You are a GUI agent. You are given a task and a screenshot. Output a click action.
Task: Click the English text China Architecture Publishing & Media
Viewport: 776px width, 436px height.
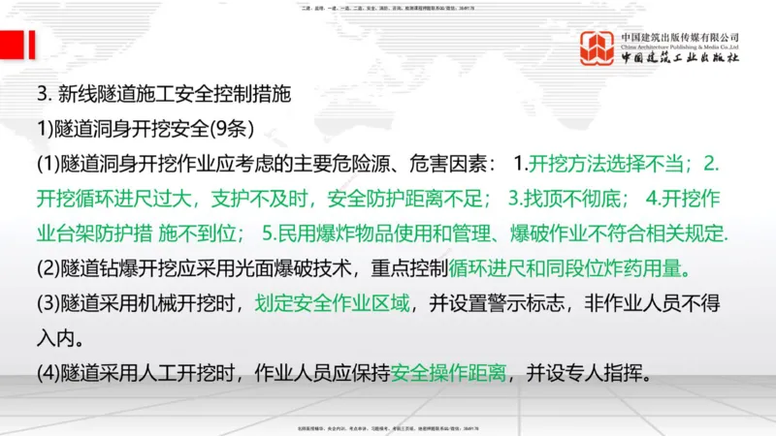[x=682, y=46]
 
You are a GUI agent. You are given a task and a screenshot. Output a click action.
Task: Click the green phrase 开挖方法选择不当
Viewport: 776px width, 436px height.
[x=608, y=163]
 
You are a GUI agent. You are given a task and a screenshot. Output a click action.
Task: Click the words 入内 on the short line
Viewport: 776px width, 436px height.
[x=58, y=339]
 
